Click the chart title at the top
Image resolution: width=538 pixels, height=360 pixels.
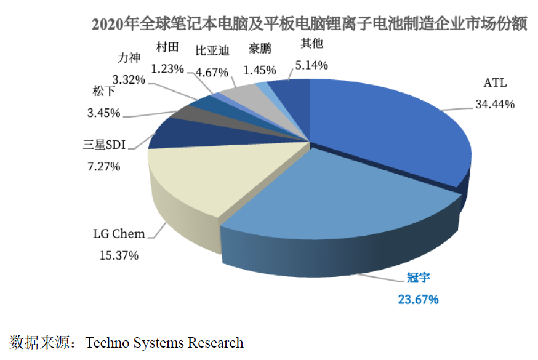pyautogui.click(x=308, y=25)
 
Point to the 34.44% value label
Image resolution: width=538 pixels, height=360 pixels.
pyautogui.click(x=494, y=104)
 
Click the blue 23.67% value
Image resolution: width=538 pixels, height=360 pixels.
pyautogui.click(x=418, y=300)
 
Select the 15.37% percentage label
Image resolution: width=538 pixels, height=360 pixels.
pyautogui.click(x=119, y=255)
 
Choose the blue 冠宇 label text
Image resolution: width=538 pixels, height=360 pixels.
pyautogui.click(x=418, y=278)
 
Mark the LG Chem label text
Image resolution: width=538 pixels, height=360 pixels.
pyautogui.click(x=119, y=234)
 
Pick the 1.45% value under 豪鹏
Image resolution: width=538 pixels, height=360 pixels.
pyautogui.click(x=260, y=71)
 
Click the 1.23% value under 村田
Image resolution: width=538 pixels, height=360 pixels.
pyautogui.click(x=167, y=69)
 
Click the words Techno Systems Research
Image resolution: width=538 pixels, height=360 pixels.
pyautogui.click(x=165, y=343)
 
